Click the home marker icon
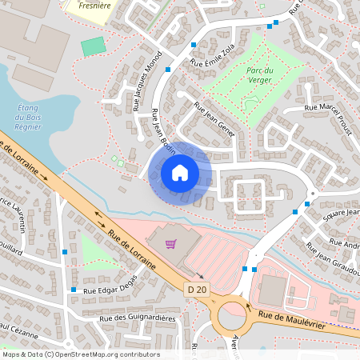coord(180,173)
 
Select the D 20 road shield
coord(196,289)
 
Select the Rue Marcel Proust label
coord(329,107)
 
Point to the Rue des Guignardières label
coord(138,318)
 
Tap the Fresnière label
coord(90,4)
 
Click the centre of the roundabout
coord(234,317)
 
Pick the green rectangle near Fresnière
coord(94,46)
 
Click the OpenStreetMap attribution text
coord(80,354)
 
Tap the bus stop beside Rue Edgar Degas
coord(74,289)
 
